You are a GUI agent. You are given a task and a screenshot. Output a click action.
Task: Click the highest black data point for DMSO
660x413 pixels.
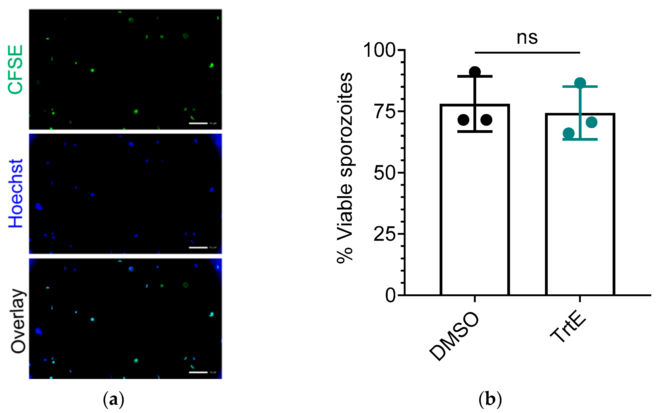(x=475, y=72)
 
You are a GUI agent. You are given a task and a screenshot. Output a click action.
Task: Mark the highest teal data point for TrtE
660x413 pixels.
(x=580, y=83)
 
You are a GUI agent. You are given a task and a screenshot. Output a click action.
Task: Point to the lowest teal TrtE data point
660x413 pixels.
(x=568, y=133)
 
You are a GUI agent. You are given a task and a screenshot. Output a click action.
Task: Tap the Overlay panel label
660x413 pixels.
(x=18, y=321)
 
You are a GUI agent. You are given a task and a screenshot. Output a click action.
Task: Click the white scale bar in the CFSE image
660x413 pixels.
(x=198, y=123)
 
